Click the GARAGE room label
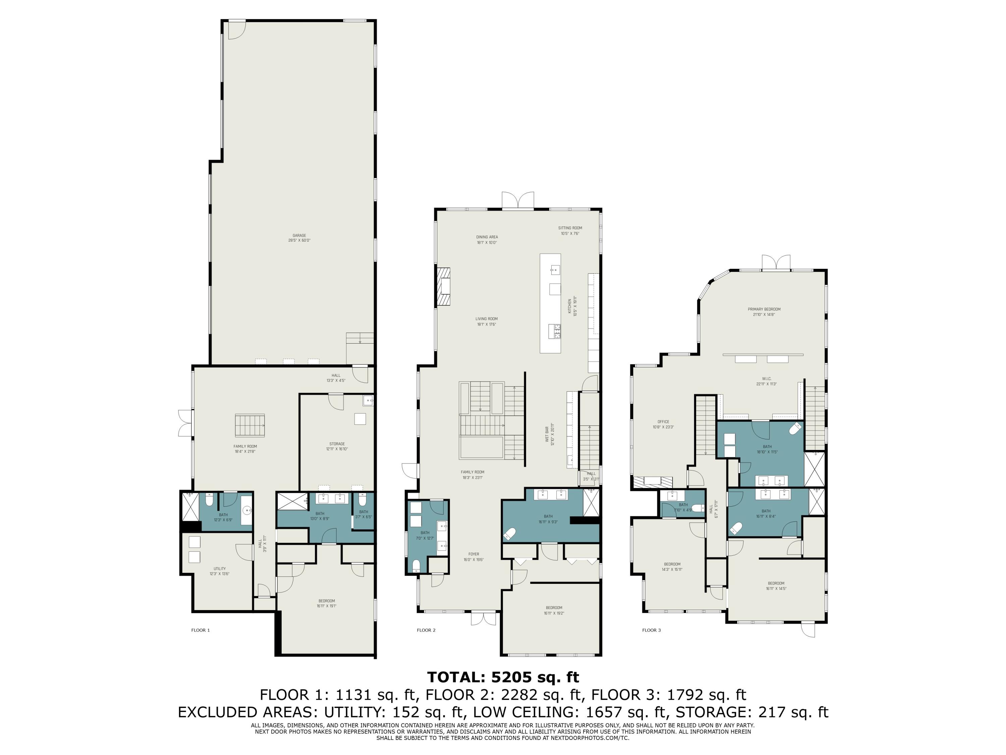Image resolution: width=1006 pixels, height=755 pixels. point(299,238)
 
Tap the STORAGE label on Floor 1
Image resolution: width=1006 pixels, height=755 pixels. point(337,446)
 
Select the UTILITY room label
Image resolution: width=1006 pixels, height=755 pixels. point(220,571)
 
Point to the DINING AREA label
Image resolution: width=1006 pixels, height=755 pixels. point(487,239)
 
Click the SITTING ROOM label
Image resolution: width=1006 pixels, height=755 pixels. point(570,230)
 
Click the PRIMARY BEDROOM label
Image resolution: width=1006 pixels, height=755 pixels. point(764,312)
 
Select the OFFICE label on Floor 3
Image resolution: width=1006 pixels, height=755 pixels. point(663,424)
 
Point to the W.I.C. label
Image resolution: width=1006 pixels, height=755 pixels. point(766,381)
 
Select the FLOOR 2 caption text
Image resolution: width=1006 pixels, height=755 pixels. point(426,630)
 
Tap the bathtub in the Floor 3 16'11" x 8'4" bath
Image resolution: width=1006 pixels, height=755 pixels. point(735,528)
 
